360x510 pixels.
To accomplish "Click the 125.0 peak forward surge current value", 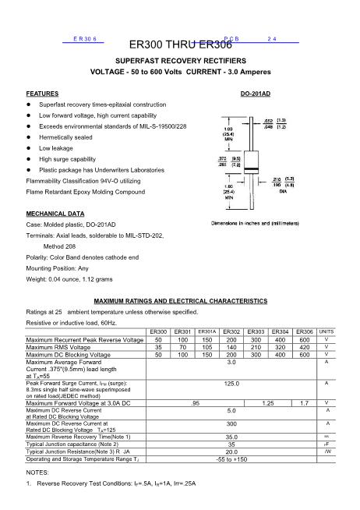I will click(231, 384).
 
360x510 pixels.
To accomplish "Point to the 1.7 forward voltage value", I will click(304, 402).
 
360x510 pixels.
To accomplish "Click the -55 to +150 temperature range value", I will click(231, 459).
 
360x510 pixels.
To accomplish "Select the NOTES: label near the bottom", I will click(37, 473).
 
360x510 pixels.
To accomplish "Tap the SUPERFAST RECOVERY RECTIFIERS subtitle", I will click(180, 60).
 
